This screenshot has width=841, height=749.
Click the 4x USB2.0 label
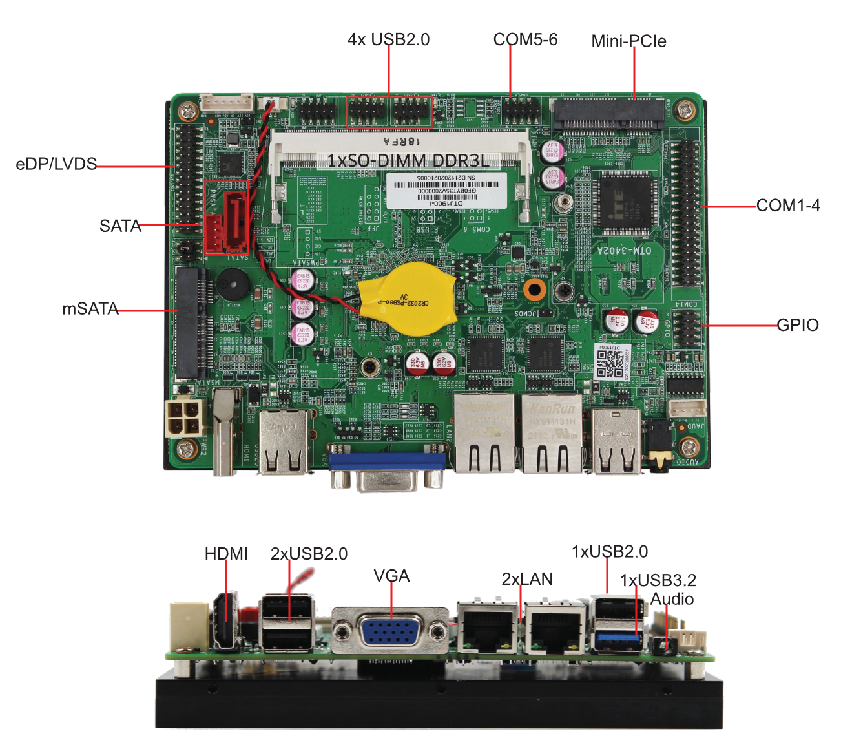[x=388, y=39]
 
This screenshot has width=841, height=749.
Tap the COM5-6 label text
[x=524, y=39]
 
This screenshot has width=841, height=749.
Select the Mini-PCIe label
[x=628, y=41]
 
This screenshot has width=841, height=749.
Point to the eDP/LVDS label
[x=56, y=164]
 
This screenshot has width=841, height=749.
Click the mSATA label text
[x=90, y=309]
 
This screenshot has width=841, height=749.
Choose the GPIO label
[x=797, y=325]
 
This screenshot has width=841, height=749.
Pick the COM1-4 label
[x=788, y=206]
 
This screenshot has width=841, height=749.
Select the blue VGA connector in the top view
[x=386, y=461]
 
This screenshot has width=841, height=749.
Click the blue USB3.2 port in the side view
[x=619, y=642]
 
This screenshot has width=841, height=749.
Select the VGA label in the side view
[x=391, y=576]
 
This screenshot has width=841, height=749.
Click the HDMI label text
[x=226, y=554]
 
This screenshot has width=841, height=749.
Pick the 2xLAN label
[x=527, y=579]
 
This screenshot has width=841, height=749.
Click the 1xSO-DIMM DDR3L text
[x=408, y=160]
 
